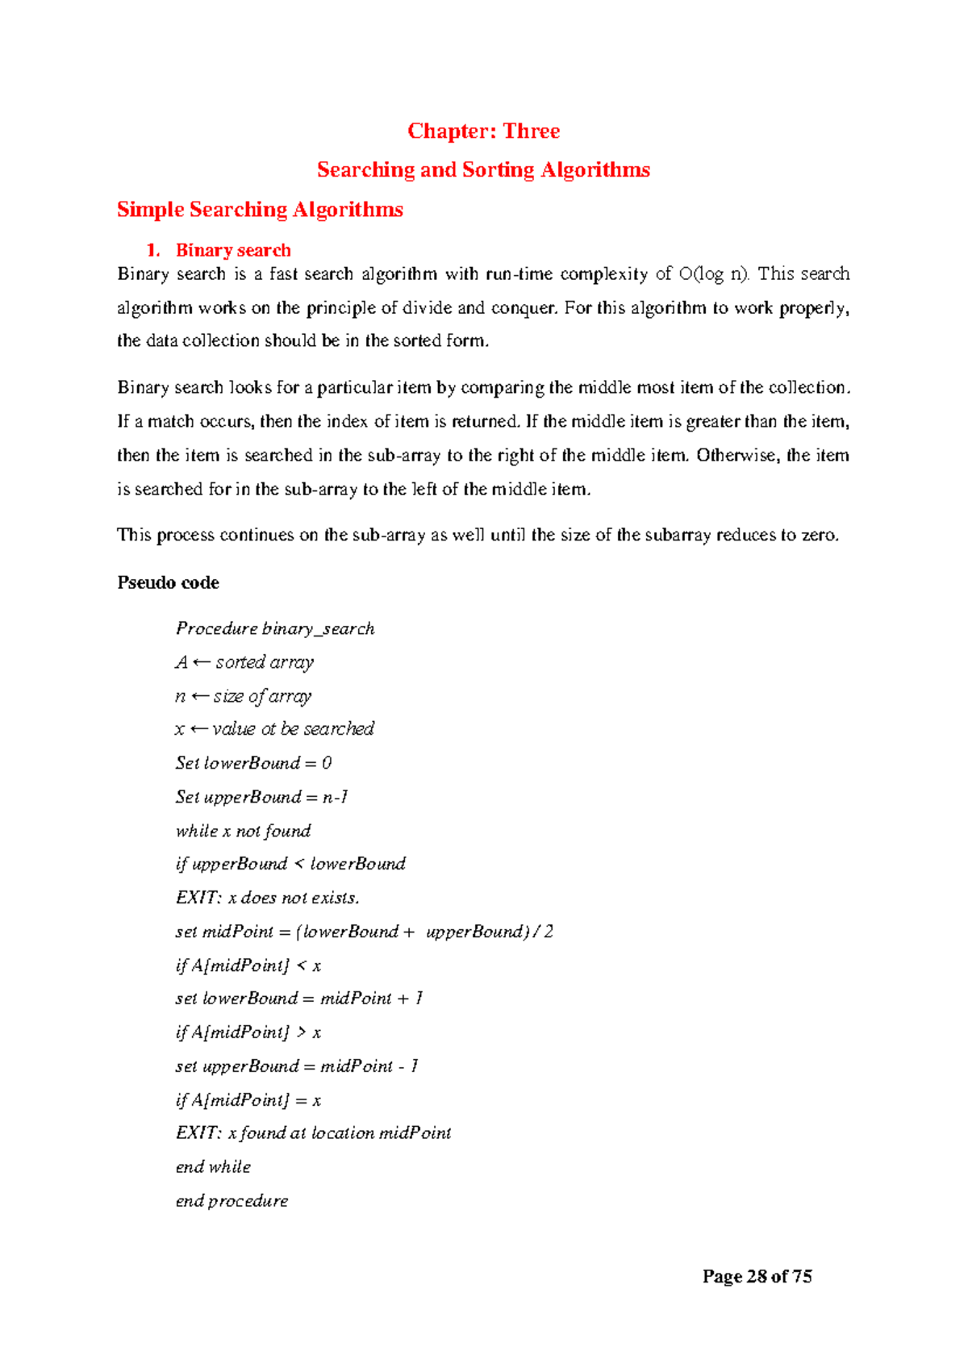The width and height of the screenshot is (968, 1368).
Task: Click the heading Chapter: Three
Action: (x=483, y=131)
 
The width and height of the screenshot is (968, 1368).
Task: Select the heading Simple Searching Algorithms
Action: (x=260, y=210)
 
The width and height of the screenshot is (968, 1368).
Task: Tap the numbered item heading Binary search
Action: (x=232, y=250)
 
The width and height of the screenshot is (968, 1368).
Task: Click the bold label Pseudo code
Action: (x=168, y=582)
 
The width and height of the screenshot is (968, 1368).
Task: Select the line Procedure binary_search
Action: (x=275, y=628)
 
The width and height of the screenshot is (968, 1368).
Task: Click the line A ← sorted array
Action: (x=244, y=662)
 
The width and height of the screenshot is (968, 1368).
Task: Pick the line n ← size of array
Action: (x=243, y=696)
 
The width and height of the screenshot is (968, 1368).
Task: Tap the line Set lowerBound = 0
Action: (x=253, y=763)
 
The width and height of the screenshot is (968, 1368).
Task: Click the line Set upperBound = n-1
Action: (x=261, y=797)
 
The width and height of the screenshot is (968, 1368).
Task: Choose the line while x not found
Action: (x=243, y=831)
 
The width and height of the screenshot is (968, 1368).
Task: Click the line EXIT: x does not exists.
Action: (x=267, y=898)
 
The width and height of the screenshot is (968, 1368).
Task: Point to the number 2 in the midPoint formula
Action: (x=549, y=932)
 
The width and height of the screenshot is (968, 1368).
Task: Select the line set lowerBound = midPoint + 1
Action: (x=298, y=999)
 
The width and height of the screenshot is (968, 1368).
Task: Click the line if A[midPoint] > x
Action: (x=248, y=1032)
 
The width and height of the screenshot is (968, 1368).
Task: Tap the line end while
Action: (x=213, y=1167)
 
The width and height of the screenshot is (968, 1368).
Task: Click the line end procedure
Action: (x=232, y=1201)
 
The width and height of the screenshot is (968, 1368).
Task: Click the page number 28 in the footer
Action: (x=757, y=1276)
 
